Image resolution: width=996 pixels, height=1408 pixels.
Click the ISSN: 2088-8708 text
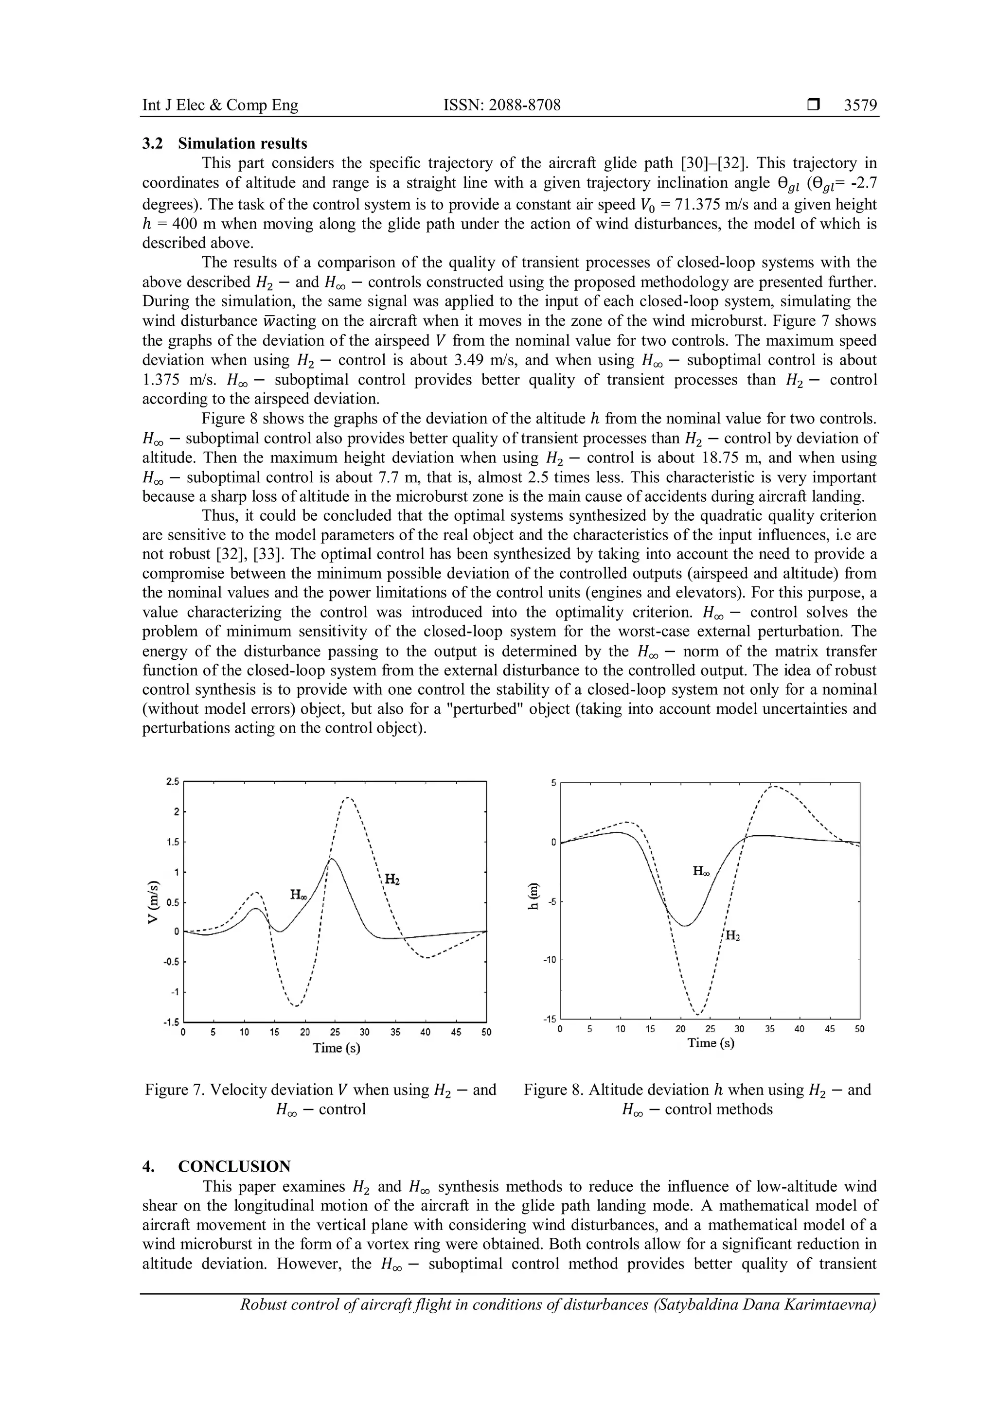click(x=502, y=106)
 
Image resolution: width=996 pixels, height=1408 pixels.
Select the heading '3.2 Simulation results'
click(x=225, y=143)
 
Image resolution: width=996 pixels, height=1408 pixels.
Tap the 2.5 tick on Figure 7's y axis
click(x=172, y=782)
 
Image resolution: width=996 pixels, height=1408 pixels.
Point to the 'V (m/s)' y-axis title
click(x=155, y=901)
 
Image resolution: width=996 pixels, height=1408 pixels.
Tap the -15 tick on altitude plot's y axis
click(x=549, y=1019)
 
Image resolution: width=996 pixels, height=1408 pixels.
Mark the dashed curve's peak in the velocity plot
click(x=348, y=797)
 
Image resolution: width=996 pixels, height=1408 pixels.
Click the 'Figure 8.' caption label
click(x=554, y=1090)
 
